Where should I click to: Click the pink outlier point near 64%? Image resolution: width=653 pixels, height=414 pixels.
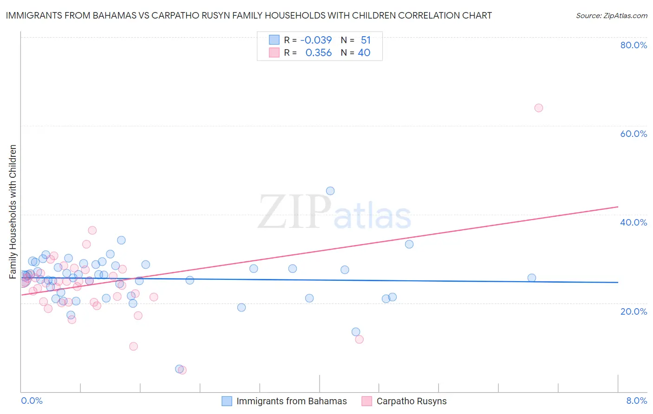tap(538, 108)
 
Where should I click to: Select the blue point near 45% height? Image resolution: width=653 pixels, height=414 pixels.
tap(330, 191)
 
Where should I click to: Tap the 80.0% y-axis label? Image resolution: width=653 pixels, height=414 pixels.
tap(633, 45)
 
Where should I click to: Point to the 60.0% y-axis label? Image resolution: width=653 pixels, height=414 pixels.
tap(633, 134)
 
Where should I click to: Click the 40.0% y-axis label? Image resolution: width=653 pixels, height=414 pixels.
tap(633, 222)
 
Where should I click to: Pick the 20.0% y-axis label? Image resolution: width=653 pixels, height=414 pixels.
tap(633, 311)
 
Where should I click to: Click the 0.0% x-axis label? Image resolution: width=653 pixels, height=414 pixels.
tap(32, 401)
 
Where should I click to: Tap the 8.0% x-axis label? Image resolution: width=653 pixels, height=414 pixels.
tap(636, 401)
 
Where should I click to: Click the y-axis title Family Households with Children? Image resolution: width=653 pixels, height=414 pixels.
tap(13, 212)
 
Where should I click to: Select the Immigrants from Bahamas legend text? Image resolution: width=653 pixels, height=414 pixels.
tap(291, 401)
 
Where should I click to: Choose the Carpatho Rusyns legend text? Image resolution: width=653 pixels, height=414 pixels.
tap(411, 401)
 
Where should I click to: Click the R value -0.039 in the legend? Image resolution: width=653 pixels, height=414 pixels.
tap(316, 40)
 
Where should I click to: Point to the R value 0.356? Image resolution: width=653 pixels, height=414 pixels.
tap(318, 53)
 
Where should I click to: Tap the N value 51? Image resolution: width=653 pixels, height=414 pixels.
tap(366, 40)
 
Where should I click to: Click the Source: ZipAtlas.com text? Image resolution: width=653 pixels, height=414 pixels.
tap(611, 16)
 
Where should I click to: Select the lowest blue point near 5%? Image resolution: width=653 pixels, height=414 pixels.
tap(179, 369)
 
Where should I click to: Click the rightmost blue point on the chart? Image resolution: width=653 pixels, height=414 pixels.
tap(532, 278)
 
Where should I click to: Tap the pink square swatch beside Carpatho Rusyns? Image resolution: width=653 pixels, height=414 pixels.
tap(367, 401)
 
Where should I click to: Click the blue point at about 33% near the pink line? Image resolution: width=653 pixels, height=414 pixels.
tap(409, 244)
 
